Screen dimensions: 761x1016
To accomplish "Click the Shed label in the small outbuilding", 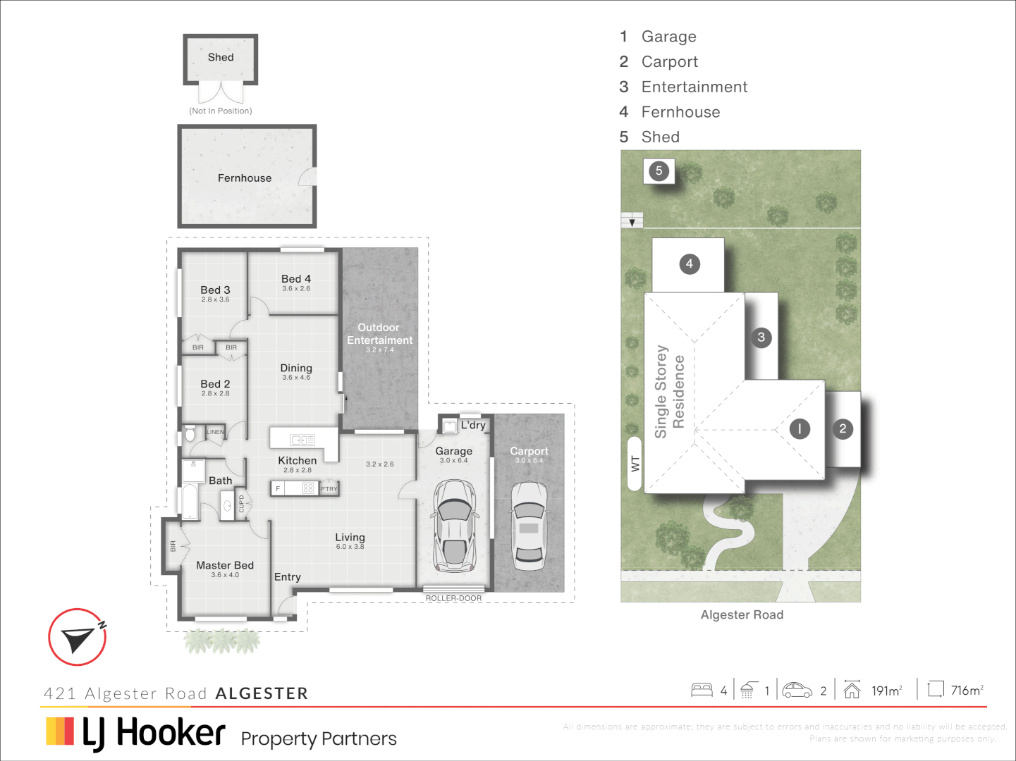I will [x=221, y=58].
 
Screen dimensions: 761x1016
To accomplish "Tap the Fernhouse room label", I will [x=245, y=178].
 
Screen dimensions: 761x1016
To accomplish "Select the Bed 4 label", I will [x=296, y=279].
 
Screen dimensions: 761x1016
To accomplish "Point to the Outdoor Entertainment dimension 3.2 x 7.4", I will [x=380, y=350].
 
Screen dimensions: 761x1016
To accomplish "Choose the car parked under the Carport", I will [x=529, y=526].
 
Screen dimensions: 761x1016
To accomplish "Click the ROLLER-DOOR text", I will [x=453, y=598].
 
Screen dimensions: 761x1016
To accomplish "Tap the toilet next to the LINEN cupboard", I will [x=190, y=433].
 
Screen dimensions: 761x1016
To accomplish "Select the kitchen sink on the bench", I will [x=302, y=440].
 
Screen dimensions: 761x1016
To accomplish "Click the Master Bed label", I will [x=225, y=565].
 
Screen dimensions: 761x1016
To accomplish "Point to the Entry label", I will [x=288, y=577].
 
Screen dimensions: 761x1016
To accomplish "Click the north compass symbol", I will [x=78, y=637].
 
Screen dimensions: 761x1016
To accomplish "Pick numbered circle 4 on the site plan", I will [x=690, y=264].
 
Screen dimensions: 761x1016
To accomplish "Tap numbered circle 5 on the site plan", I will [x=659, y=171].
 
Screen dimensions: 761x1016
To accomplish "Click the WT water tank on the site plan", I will [x=635, y=464].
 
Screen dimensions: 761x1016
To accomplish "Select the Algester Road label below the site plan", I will [x=742, y=615].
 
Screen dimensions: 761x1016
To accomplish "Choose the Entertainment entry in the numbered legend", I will [x=694, y=87].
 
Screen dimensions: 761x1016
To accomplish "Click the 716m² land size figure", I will [x=967, y=691].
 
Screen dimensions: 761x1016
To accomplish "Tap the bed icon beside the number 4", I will [x=702, y=690].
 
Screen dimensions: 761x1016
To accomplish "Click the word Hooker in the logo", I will [x=171, y=733].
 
